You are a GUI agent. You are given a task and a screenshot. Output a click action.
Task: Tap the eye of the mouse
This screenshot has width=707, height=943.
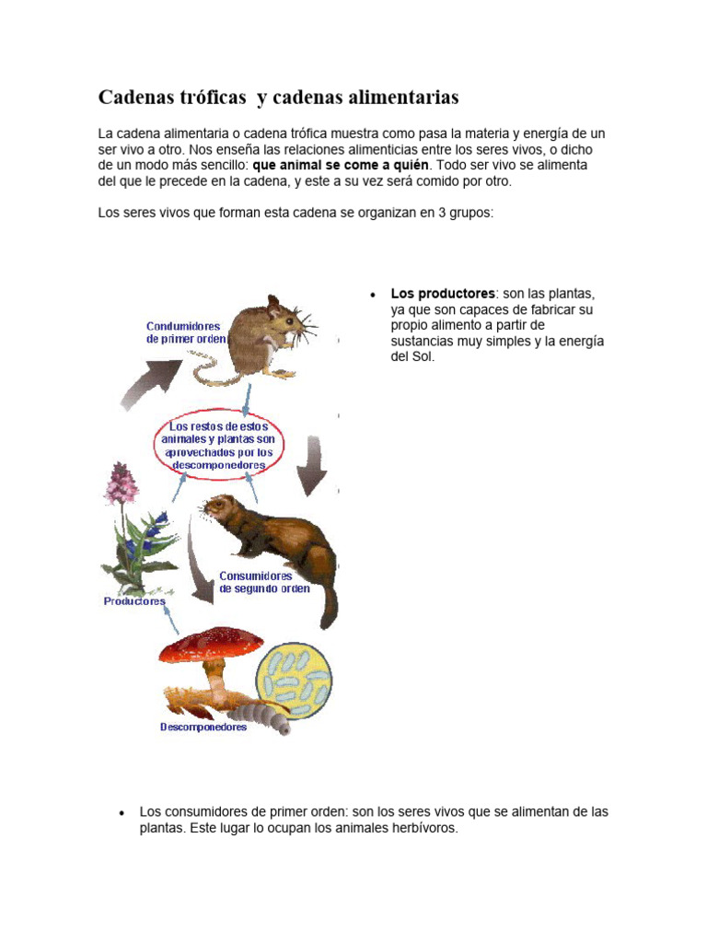click(289, 321)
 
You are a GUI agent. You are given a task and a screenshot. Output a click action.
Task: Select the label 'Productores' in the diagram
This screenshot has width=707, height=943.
click(134, 601)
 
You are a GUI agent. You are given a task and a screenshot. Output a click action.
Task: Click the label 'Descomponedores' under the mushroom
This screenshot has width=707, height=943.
click(203, 728)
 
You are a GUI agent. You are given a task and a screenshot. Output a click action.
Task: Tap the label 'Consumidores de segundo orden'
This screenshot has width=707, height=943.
click(263, 583)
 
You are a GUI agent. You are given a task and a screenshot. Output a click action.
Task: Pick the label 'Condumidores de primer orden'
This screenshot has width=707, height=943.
click(183, 332)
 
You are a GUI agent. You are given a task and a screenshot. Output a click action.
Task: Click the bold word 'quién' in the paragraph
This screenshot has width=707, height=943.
click(411, 165)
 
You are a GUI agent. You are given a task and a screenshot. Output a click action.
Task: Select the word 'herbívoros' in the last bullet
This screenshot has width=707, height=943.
click(422, 828)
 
